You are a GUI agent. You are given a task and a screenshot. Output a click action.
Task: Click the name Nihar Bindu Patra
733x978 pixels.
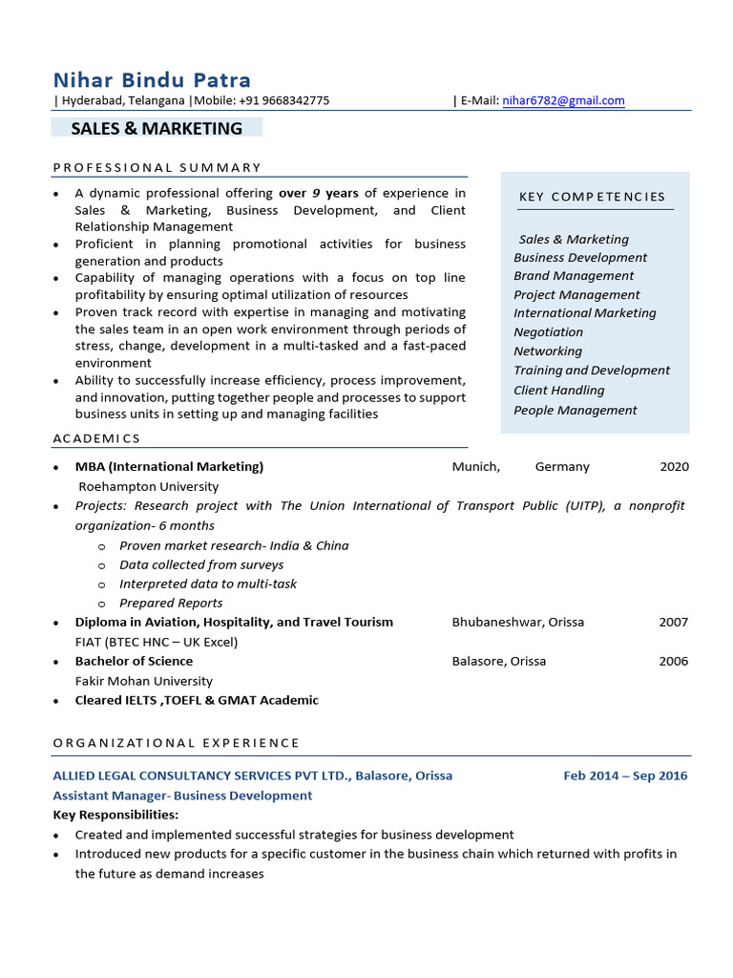pos(152,79)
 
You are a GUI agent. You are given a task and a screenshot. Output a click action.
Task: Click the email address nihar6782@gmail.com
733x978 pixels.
pos(563,100)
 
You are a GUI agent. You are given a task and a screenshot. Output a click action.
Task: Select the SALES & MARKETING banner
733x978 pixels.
pos(157,128)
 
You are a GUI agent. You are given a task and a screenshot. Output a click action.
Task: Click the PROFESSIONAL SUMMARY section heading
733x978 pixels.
pos(157,167)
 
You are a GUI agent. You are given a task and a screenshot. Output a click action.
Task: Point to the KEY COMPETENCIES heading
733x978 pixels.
pos(592,197)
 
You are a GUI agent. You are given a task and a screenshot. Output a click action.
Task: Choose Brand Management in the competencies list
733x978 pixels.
pos(574,276)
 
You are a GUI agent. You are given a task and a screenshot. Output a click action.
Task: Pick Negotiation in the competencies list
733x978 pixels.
pos(548,332)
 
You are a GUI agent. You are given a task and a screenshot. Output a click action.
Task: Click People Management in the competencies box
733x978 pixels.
pos(575,410)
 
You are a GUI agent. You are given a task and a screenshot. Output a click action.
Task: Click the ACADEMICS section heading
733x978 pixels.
pos(96,438)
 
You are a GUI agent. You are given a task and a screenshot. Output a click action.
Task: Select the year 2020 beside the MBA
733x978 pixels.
pos(674,467)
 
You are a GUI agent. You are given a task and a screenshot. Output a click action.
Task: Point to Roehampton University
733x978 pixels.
pos(148,486)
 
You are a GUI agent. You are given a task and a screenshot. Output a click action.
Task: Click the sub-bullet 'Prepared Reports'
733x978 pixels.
pos(171,603)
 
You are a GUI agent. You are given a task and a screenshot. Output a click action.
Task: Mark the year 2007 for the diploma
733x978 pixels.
pos(673,622)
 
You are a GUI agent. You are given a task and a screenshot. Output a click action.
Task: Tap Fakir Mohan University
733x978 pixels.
pos(144,681)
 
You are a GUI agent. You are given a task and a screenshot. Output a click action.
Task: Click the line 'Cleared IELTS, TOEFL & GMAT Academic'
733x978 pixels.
pos(197,700)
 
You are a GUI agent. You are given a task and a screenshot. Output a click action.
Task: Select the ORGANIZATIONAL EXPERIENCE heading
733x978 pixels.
pos(176,742)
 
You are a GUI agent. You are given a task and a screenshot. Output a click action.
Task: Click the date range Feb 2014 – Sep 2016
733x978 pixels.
pos(625,776)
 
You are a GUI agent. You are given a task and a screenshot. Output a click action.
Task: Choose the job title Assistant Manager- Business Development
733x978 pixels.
pos(182,796)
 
